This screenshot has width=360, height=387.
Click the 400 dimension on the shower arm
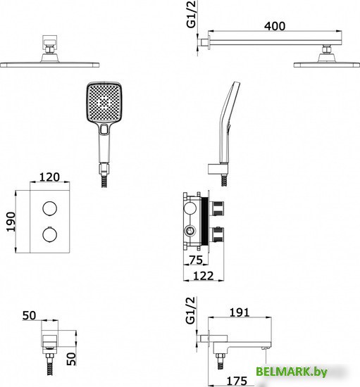275,26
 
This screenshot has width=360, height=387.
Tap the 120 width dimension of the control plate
49,177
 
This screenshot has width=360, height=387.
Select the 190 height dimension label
11,222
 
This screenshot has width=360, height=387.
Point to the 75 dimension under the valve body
196,260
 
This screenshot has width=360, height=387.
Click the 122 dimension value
203,276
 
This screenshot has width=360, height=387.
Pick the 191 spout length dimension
240,312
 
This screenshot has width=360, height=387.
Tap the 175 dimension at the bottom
237,381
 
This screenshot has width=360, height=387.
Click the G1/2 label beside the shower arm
191,14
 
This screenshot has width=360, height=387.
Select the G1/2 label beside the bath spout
190,310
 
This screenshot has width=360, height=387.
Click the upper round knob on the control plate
49,208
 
